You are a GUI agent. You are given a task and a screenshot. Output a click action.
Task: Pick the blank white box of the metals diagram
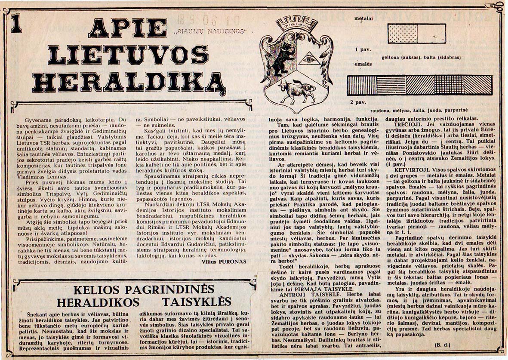click(431, 33)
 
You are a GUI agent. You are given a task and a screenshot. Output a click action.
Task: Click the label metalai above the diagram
click(363, 19)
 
